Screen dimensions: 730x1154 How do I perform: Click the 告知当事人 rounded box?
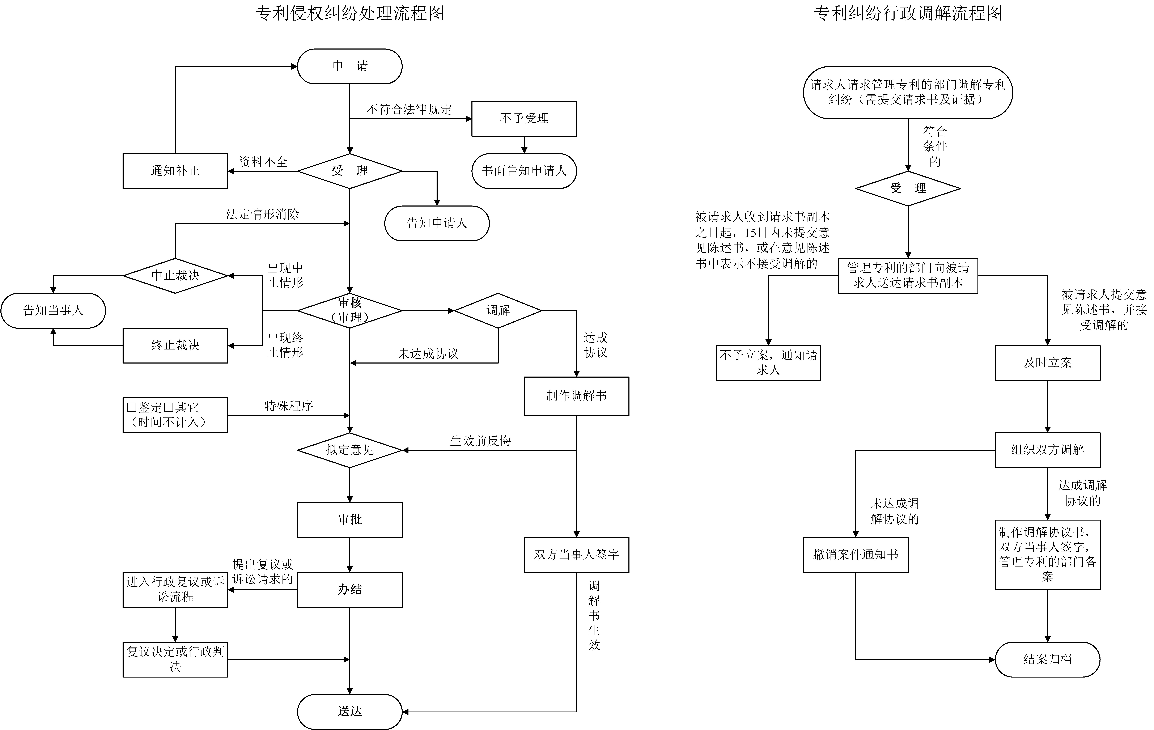click(x=53, y=311)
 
